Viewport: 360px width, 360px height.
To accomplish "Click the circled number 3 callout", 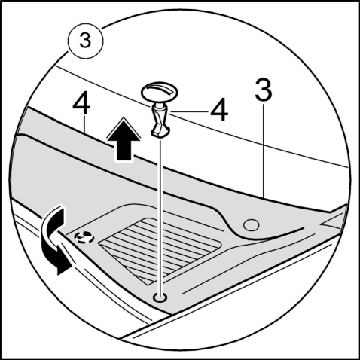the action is tap(85, 41).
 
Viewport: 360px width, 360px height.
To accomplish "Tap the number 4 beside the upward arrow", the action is tap(81, 103).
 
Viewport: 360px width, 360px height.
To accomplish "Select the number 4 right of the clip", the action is tap(219, 110).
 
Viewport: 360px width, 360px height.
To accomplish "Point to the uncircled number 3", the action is tap(264, 89).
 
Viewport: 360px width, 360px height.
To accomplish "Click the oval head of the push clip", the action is tap(160, 92).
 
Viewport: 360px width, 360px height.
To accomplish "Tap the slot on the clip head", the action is tap(161, 90).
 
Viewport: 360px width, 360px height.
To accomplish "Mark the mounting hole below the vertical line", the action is tap(160, 297).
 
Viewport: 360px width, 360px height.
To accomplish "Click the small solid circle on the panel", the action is tap(252, 224).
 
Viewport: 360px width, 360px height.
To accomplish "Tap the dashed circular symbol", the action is tap(84, 236).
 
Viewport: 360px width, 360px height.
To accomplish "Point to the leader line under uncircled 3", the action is tap(264, 150).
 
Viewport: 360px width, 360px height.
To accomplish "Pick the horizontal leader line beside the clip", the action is tap(189, 111).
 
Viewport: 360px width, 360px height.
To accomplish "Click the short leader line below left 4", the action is tap(84, 124).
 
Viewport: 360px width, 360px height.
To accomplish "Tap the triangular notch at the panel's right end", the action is tap(332, 221).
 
